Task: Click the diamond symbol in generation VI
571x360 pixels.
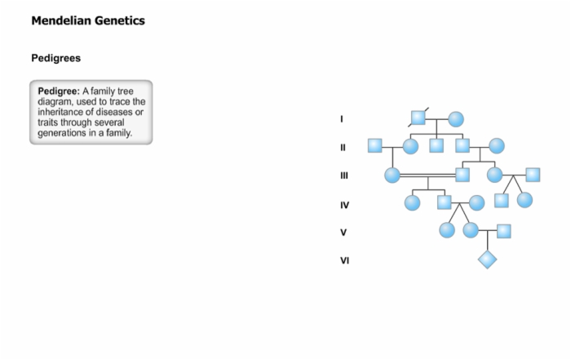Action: (x=487, y=260)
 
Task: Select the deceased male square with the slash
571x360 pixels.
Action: (x=418, y=118)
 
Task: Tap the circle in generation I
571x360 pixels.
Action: (x=456, y=119)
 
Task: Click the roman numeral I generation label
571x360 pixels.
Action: (x=342, y=119)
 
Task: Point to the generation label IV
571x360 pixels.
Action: (x=344, y=205)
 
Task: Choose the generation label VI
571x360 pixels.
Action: (x=344, y=260)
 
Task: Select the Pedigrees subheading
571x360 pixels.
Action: (x=56, y=58)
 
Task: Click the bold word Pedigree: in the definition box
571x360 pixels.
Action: (x=59, y=91)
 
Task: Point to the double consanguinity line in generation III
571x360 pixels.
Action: (x=427, y=176)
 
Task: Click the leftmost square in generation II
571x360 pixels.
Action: (x=374, y=145)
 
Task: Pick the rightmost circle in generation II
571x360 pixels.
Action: (x=497, y=146)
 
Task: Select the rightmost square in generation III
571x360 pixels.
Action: (x=533, y=175)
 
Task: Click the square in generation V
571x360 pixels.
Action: (x=503, y=231)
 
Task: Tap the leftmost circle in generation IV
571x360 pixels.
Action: (x=412, y=202)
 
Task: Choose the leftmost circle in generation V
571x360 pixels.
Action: (x=447, y=230)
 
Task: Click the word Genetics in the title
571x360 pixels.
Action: (x=120, y=20)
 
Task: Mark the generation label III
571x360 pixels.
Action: (x=344, y=176)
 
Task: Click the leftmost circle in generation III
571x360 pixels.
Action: (x=392, y=175)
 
